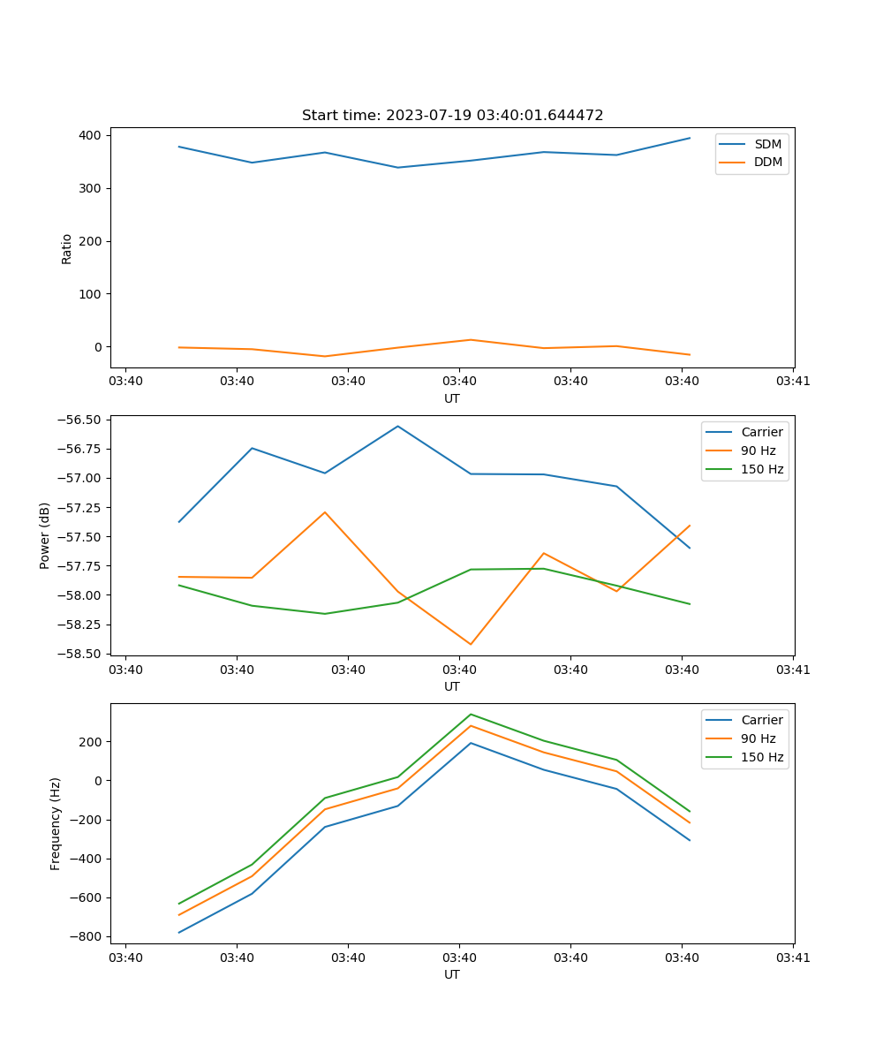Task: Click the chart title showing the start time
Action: click(452, 116)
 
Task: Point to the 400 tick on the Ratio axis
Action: click(92, 135)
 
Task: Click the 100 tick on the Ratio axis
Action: click(92, 294)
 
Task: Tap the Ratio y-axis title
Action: click(67, 248)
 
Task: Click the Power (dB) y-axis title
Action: click(45, 535)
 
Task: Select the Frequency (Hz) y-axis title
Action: click(56, 823)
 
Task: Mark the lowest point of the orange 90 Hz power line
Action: click(471, 644)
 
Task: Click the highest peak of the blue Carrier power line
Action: click(397, 426)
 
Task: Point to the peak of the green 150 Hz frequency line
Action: click(471, 714)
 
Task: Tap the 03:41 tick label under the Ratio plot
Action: click(793, 382)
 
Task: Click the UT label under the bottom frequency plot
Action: click(452, 974)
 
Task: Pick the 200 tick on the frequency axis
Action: click(92, 741)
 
